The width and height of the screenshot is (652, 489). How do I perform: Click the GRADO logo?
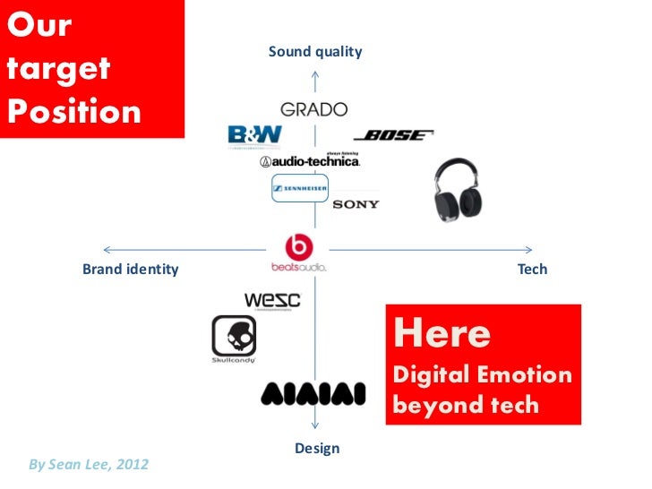pos(313,109)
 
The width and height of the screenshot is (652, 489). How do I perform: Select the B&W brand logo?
pos(255,135)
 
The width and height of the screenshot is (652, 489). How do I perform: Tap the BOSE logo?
pos(393,135)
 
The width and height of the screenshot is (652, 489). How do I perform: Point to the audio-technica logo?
pos(310,161)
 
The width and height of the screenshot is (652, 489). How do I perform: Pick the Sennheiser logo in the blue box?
pos(300,188)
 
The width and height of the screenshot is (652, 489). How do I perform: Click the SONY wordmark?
pos(356,204)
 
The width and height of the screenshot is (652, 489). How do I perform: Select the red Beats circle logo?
pos(298,247)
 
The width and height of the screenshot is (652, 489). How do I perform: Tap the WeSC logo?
pos(272,300)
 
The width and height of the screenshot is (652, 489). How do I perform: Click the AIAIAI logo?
pos(313,394)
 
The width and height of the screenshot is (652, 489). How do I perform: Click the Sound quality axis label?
pos(315,52)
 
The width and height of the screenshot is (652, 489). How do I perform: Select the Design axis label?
pos(317,448)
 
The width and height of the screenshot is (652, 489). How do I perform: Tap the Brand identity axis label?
pos(131,269)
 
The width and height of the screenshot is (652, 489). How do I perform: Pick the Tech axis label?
pos(532,269)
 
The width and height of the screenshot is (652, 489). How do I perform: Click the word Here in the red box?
pos(442,334)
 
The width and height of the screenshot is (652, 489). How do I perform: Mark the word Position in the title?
pos(73,111)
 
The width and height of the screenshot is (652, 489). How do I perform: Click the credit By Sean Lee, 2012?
pos(89,464)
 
